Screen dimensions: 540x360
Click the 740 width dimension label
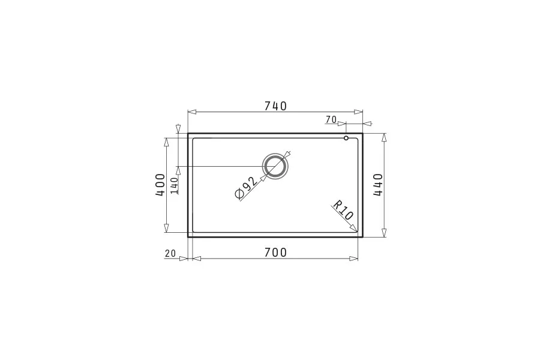tap(275, 106)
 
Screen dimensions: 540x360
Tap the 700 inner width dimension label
tap(275, 253)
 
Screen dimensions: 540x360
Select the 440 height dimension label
tap(378, 185)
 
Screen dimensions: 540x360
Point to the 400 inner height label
tap(160, 185)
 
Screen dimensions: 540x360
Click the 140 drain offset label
tap(174, 185)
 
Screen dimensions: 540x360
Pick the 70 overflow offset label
tap(331, 119)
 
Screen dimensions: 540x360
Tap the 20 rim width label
tap(170, 254)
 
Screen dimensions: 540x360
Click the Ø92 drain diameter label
tap(246, 188)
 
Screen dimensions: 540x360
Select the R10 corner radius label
tap(343, 210)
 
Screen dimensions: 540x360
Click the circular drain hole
tap(275, 154)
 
